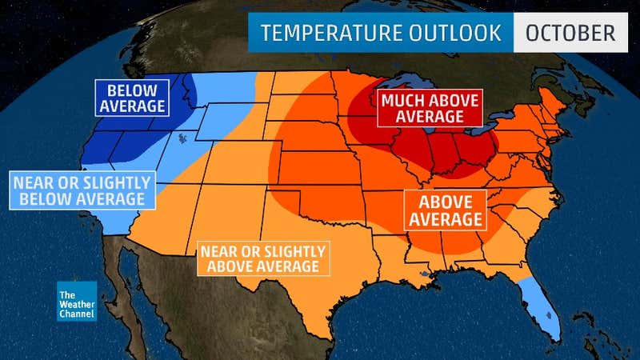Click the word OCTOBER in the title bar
(570, 33)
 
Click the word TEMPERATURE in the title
(322, 33)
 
